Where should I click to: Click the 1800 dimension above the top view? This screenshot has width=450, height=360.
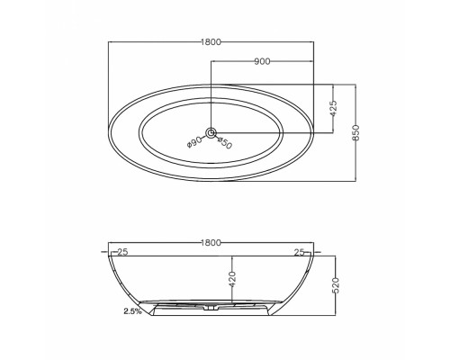click(x=212, y=42)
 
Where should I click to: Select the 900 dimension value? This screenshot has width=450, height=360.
click(x=264, y=61)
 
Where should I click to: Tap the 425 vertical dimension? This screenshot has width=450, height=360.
click(x=334, y=108)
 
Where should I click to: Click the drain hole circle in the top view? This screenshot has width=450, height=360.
click(x=211, y=133)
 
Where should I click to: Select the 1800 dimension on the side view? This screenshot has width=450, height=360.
click(x=212, y=244)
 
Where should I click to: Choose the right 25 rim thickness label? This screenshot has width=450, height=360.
click(x=299, y=252)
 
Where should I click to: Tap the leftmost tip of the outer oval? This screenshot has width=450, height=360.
click(x=107, y=133)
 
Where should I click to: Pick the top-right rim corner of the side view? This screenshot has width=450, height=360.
click(x=315, y=256)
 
